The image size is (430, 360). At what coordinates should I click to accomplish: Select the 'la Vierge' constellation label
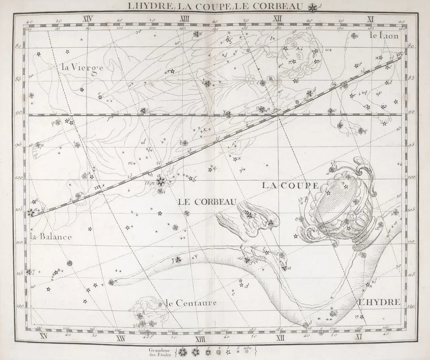click(82, 68)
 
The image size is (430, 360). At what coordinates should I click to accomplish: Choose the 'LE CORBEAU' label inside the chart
click(207, 202)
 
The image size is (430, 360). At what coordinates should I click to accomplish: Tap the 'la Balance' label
click(51, 237)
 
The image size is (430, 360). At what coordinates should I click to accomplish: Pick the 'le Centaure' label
click(191, 303)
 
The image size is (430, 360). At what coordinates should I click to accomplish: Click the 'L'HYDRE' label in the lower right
click(379, 302)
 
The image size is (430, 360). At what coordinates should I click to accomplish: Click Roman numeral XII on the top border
click(278, 19)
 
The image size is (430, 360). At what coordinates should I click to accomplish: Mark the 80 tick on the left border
click(18, 46)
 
